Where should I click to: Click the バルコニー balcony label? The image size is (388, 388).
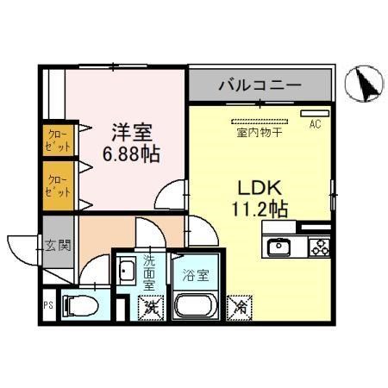pos(259,85)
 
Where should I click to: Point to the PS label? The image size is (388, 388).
pos(47,304)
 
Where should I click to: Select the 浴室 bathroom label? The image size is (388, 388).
pos(196,276)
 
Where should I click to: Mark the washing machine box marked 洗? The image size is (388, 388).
pos(150,305)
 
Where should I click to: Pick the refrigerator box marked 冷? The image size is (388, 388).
pos(239,305)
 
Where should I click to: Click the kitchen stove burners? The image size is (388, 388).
pos(318,248)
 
